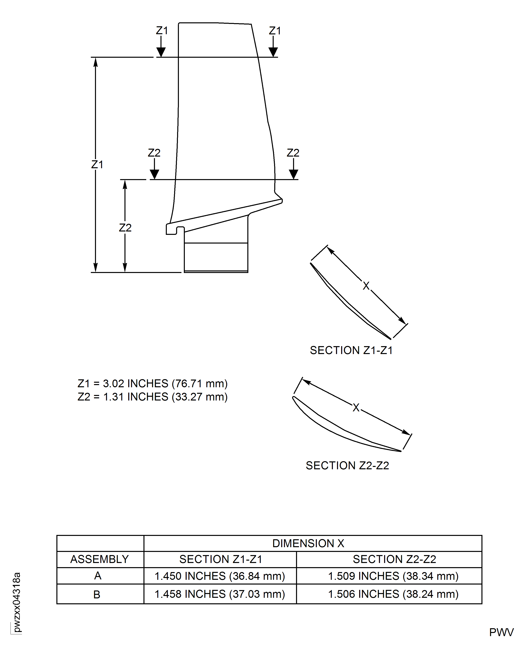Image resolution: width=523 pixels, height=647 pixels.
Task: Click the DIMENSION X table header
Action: (308, 543)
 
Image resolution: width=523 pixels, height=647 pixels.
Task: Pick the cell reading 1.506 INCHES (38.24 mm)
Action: (393, 594)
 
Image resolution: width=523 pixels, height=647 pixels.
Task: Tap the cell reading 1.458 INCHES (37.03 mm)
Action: (220, 594)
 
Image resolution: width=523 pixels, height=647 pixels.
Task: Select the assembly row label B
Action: (97, 594)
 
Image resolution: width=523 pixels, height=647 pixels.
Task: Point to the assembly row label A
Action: (98, 576)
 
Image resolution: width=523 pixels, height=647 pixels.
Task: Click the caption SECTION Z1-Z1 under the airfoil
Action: (351, 350)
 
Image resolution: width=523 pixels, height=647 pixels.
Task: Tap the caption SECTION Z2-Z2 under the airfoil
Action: (347, 466)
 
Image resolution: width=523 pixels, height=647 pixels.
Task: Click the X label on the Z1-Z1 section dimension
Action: (366, 286)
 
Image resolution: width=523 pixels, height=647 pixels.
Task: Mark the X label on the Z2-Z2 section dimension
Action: (356, 408)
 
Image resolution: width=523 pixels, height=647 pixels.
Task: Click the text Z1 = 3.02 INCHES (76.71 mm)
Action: (152, 384)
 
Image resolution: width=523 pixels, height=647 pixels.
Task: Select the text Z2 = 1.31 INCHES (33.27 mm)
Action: (152, 397)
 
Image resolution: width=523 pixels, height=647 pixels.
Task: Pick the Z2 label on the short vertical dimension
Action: (125, 228)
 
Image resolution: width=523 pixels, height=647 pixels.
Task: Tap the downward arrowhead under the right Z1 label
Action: (273, 52)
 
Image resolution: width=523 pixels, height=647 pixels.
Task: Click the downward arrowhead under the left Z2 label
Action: (154, 174)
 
